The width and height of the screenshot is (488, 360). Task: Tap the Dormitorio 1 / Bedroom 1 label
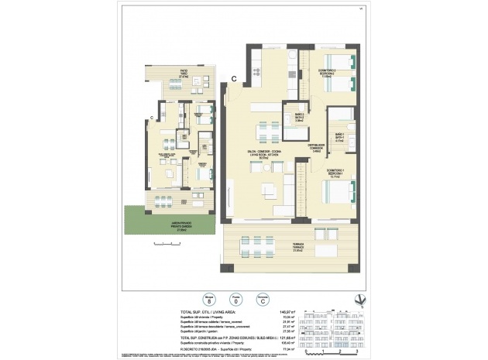(x=335, y=174)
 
